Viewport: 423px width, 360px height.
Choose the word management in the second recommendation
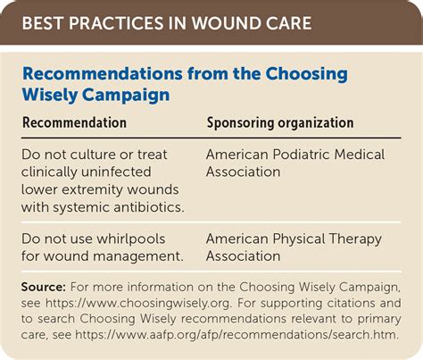point(139,256)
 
